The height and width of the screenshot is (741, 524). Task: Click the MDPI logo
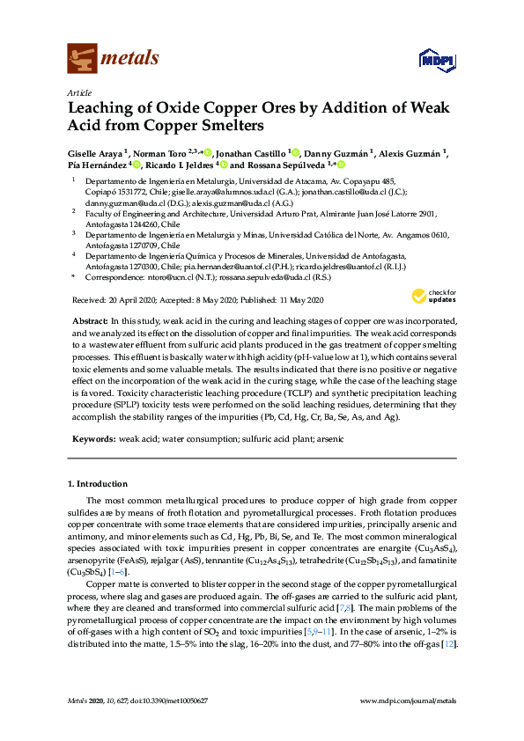(x=437, y=60)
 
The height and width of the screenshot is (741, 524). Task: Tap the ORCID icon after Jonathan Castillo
(x=296, y=152)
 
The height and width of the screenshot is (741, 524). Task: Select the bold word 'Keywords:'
(x=92, y=438)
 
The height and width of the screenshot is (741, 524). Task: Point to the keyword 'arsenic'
(x=354, y=438)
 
